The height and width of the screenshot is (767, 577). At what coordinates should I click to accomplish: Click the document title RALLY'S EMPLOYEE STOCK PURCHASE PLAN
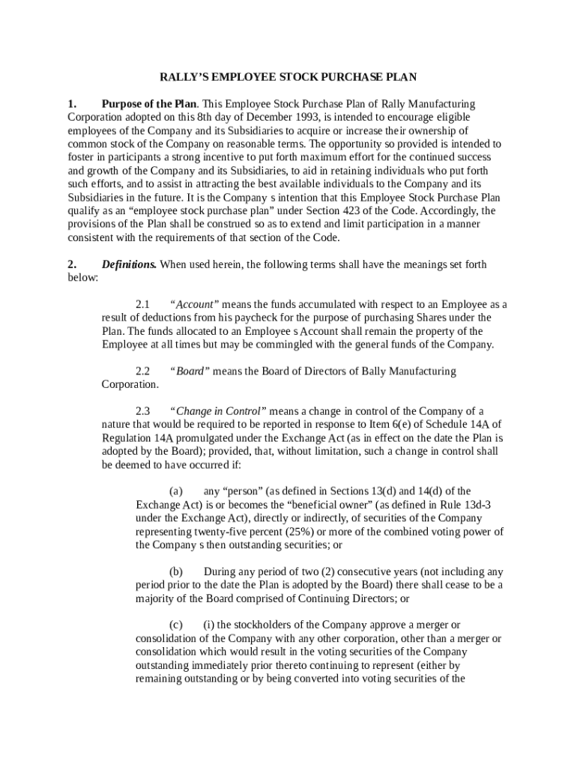288,76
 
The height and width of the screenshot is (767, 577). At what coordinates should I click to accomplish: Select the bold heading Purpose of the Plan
149,103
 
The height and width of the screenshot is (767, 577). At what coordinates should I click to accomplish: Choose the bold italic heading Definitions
129,264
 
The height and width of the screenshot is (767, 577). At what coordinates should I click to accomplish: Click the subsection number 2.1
143,305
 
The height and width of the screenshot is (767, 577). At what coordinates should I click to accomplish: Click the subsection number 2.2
143,372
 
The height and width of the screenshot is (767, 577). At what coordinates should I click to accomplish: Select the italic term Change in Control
218,411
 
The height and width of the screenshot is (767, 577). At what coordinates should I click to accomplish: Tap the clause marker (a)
176,492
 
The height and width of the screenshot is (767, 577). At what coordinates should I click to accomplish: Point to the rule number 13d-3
474,506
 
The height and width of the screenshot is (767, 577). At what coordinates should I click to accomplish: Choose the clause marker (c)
176,625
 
